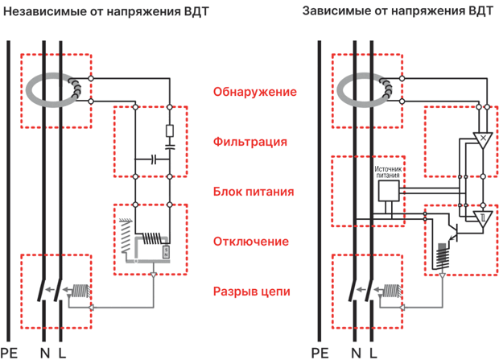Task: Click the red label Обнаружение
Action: click(x=255, y=92)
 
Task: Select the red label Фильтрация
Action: click(x=250, y=142)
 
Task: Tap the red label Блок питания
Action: click(x=254, y=192)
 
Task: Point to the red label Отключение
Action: click(x=251, y=242)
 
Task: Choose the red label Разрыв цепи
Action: click(x=252, y=292)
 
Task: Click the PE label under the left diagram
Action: click(x=9, y=353)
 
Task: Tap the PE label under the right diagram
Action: click(x=320, y=353)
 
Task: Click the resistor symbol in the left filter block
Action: click(x=170, y=131)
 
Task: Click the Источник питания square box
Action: click(x=389, y=191)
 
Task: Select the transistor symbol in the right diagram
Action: click(x=453, y=232)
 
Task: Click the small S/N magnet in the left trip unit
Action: click(x=166, y=252)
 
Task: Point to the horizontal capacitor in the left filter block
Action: click(x=154, y=159)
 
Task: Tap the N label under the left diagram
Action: click(x=45, y=353)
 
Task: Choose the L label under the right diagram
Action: click(x=373, y=353)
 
